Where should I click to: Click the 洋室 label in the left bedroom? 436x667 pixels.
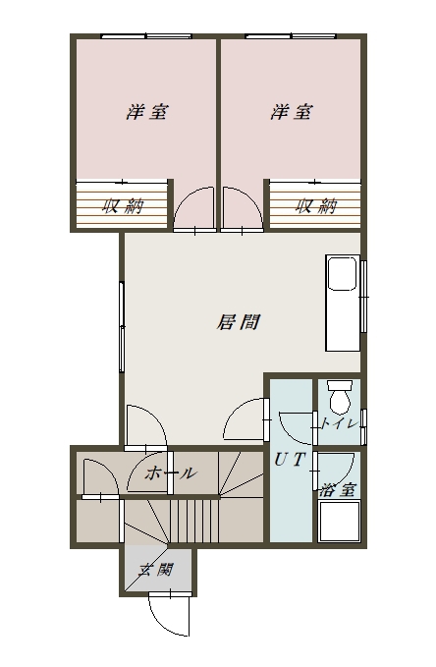pos(145,112)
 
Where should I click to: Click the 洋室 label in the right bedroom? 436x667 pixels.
pos(291,112)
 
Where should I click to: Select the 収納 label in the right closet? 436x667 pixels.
pos(315,206)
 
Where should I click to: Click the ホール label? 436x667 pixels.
pos(171,473)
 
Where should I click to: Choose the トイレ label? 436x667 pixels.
pos(339,424)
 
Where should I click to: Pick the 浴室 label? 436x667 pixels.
pos(338,488)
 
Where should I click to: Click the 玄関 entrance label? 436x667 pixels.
pos(155,569)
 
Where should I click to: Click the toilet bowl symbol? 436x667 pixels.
pos(340,396)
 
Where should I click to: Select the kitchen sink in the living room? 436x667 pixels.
pos(343,274)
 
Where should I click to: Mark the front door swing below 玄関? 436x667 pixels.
pos(163,615)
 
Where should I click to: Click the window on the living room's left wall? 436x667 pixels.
pos(123,327)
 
